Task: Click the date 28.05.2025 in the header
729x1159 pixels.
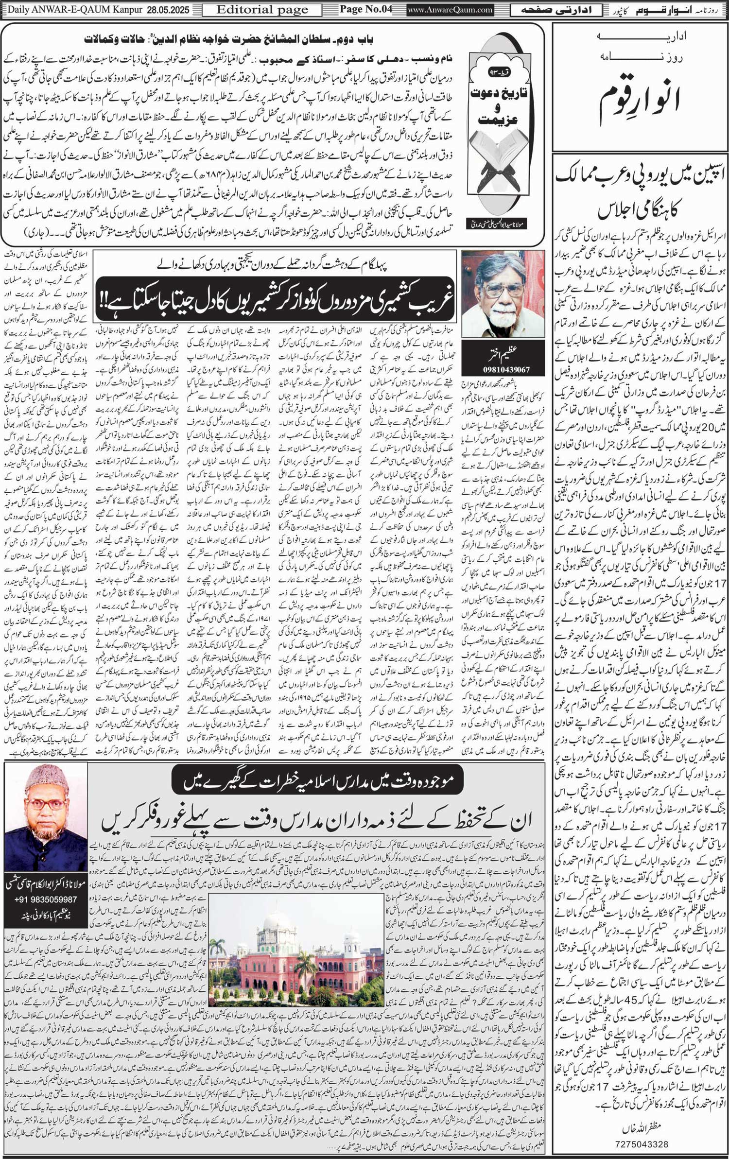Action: pyautogui.click(x=171, y=10)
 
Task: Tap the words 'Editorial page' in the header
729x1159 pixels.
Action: pyautogui.click(x=262, y=10)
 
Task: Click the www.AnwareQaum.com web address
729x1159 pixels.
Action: pyautogui.click(x=450, y=10)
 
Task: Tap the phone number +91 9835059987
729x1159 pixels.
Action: pyautogui.click(x=46, y=900)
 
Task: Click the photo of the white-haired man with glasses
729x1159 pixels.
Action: pyautogui.click(x=503, y=294)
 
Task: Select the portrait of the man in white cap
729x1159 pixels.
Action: pyautogui.click(x=46, y=816)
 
